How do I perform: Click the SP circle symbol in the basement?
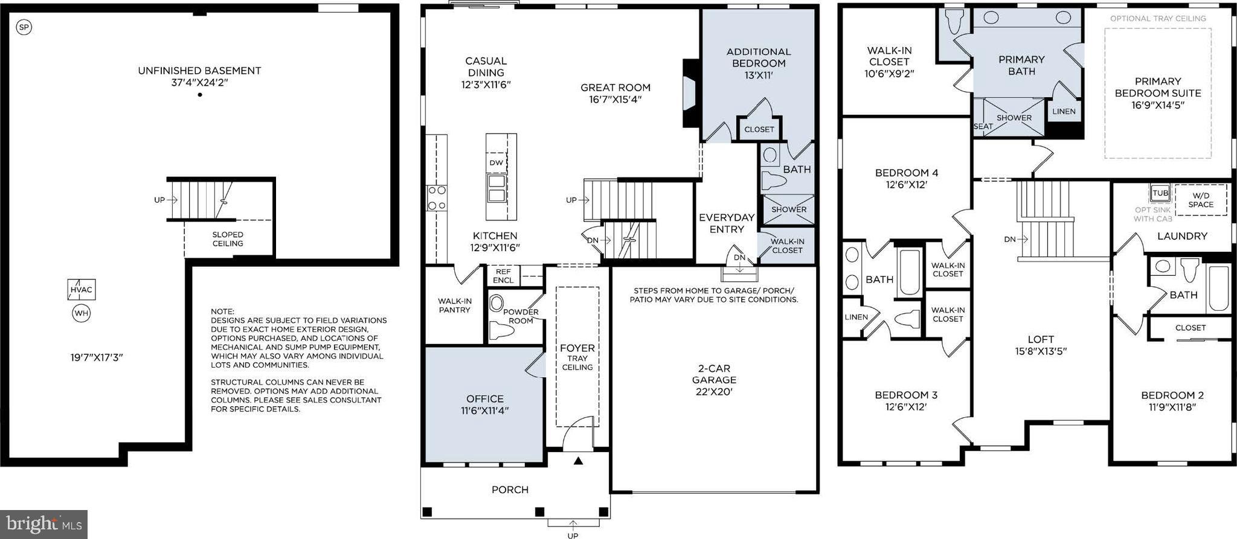click(24, 27)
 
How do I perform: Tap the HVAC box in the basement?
click(81, 290)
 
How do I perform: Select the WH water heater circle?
click(81, 313)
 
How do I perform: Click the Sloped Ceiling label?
click(228, 239)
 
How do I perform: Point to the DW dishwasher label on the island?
click(496, 163)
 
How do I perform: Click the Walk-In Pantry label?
click(454, 305)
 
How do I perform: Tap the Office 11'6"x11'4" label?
click(485, 404)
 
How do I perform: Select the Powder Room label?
click(521, 316)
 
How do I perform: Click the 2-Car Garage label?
click(714, 380)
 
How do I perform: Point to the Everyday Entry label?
click(727, 223)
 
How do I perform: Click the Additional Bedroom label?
click(759, 63)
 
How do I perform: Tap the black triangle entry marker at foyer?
click(578, 461)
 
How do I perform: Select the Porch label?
click(510, 490)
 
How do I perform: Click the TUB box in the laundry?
click(1160, 193)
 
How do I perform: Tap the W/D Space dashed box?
click(1201, 200)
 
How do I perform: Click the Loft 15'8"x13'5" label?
click(1041, 345)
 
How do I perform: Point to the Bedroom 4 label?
click(906, 179)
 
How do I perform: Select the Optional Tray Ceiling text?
click(1158, 19)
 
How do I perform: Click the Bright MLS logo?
click(43, 524)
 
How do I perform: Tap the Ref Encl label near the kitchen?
click(503, 276)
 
